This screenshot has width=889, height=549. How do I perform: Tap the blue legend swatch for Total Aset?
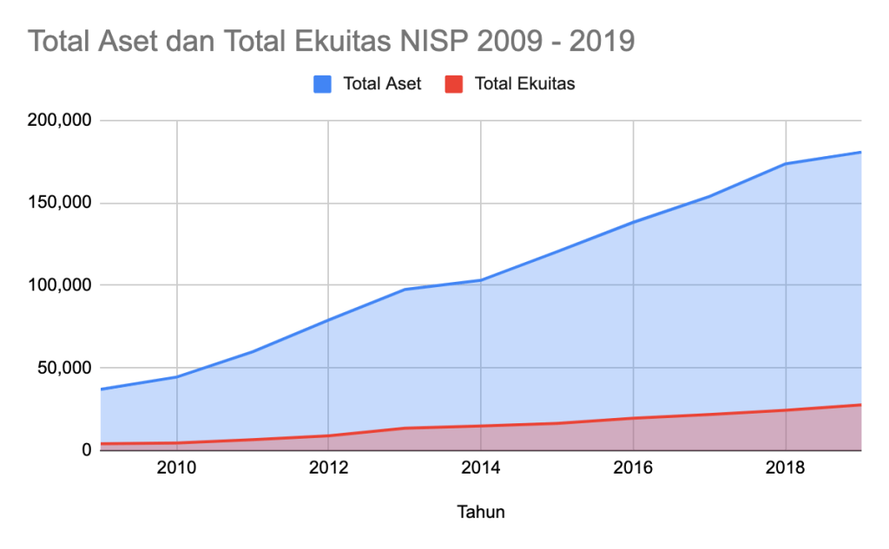(322, 84)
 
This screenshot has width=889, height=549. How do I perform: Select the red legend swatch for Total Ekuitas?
(454, 84)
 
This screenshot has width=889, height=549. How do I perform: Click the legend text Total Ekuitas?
(524, 84)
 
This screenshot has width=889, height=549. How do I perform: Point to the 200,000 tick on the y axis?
(60, 121)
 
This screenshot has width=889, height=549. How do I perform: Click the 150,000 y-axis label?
(60, 203)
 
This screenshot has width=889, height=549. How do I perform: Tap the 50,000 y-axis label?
(63, 368)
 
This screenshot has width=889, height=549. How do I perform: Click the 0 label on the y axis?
(87, 450)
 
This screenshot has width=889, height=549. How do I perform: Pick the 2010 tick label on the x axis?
(176, 469)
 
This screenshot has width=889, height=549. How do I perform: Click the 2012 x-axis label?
(328, 469)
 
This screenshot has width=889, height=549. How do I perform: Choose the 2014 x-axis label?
(481, 469)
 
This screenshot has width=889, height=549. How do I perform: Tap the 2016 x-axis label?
(633, 469)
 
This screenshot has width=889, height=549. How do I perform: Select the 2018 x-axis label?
(786, 469)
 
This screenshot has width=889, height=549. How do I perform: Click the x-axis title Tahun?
(480, 512)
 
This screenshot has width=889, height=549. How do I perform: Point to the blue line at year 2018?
(786, 164)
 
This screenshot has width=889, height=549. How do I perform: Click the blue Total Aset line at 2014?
(481, 280)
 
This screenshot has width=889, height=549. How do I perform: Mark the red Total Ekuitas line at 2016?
(633, 418)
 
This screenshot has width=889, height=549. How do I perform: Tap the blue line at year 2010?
(176, 377)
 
